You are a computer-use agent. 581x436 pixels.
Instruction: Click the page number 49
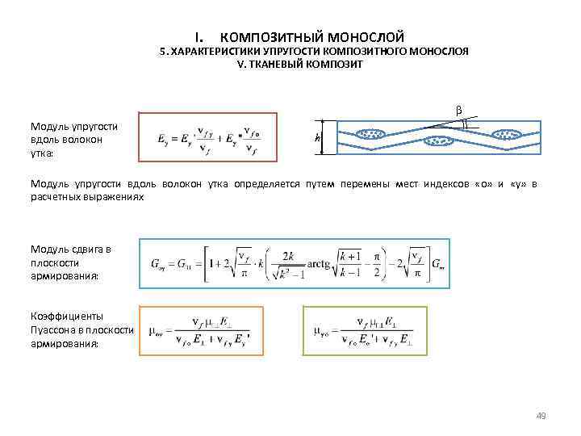(x=541, y=416)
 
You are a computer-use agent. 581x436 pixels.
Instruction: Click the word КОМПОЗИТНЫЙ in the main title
(x=270, y=37)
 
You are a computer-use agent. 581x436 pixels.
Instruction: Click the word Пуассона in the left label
(x=55, y=330)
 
